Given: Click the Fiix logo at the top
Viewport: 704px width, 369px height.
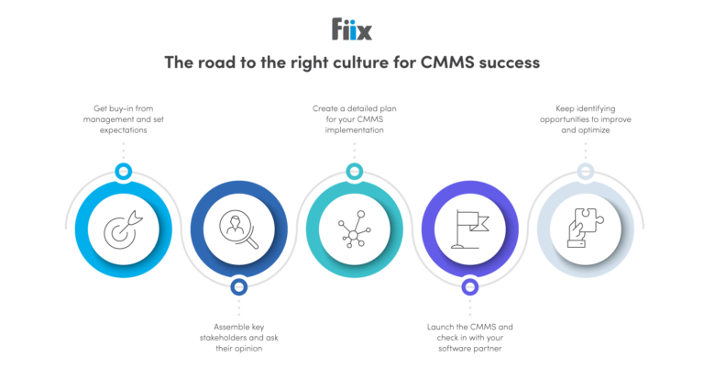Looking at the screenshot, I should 352,29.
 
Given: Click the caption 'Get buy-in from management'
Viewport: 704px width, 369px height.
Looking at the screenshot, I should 121,120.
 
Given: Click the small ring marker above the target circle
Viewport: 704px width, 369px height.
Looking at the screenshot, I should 122,171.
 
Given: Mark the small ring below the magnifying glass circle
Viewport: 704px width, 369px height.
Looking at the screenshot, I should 238,286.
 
